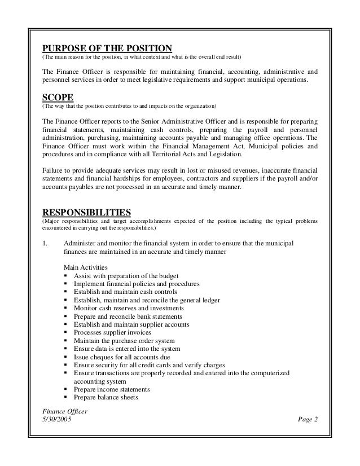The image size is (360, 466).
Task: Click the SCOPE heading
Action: (59, 95)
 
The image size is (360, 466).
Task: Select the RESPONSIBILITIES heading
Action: (87, 212)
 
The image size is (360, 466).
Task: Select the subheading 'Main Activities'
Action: (87, 267)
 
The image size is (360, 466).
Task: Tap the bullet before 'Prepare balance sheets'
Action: (67, 397)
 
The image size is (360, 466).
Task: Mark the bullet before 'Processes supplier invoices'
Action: (67, 332)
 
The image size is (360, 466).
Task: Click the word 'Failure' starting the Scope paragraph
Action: (54, 171)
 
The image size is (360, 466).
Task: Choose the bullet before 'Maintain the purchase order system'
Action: (67, 340)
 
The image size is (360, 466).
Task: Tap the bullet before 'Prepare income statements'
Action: (67, 389)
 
